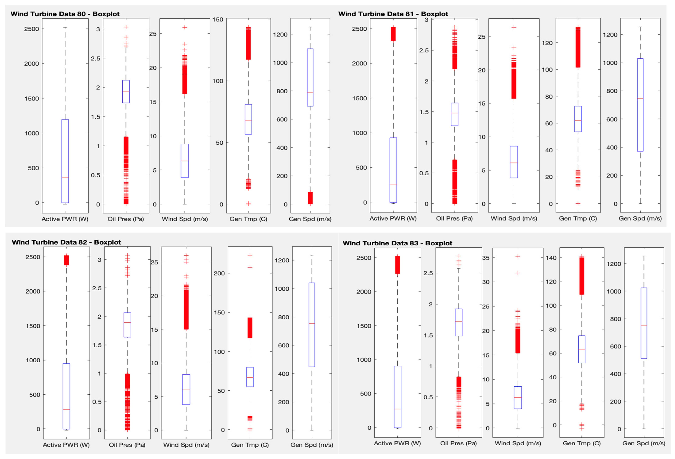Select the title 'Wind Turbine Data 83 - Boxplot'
click(397, 243)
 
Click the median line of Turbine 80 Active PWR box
click(65, 177)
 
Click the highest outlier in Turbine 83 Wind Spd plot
click(518, 256)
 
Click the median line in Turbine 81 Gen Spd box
click(640, 98)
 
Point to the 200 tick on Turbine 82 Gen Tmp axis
click(219, 273)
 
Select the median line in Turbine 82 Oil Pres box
click(127, 322)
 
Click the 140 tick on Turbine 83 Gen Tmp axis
click(551, 258)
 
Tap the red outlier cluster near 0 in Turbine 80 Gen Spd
click(310, 198)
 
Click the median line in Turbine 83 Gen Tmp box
click(582, 349)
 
